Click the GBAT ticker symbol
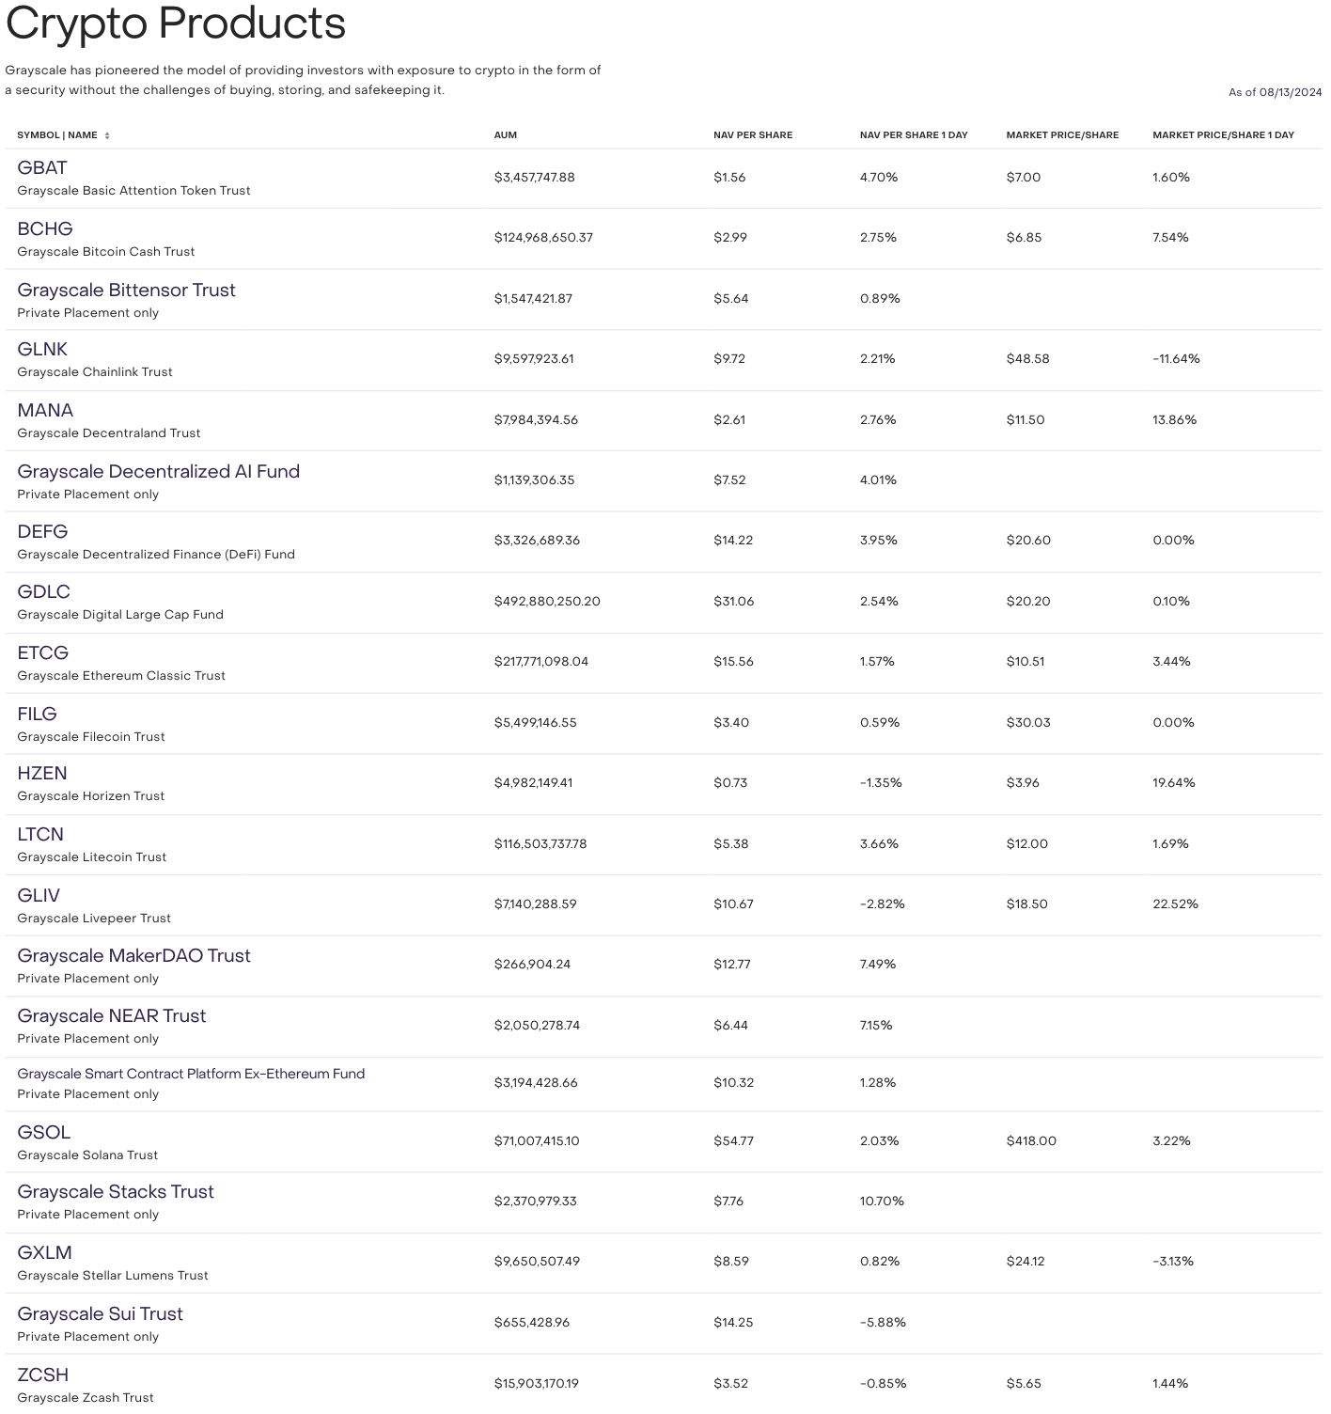click(x=42, y=168)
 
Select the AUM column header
click(x=506, y=135)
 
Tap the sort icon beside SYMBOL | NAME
click(x=107, y=136)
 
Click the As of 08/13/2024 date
click(x=1275, y=92)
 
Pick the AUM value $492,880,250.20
click(x=547, y=602)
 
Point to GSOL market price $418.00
click(x=1031, y=1141)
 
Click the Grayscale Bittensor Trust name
click(x=126, y=291)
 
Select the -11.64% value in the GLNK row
click(x=1176, y=359)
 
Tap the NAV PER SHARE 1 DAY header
click(x=913, y=135)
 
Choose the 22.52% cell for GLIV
click(x=1175, y=904)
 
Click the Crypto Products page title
click(x=176, y=24)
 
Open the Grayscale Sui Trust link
click(x=100, y=1314)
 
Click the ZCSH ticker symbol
click(x=43, y=1375)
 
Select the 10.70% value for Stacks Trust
click(x=882, y=1202)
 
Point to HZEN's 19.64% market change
click(x=1174, y=783)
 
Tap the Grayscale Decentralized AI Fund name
click(x=158, y=472)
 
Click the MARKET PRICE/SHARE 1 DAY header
click(x=1223, y=135)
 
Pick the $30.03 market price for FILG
click(x=1028, y=723)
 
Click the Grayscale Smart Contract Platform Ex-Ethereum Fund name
click(x=191, y=1075)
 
